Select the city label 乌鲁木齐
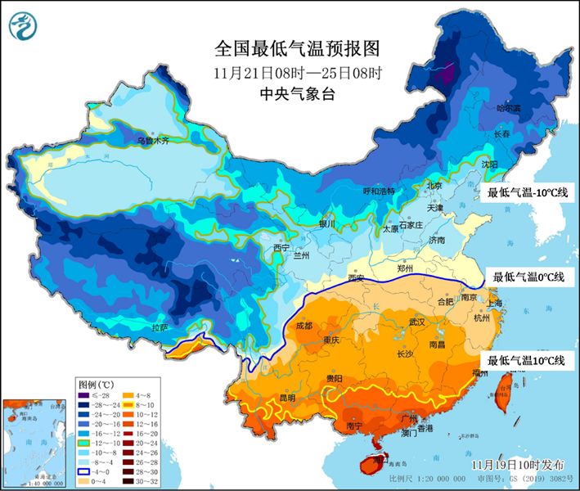coord(152,141)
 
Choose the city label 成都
coord(303,325)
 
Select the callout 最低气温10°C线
coord(528,360)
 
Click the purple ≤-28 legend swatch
coord(84,394)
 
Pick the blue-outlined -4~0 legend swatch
coord(84,472)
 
